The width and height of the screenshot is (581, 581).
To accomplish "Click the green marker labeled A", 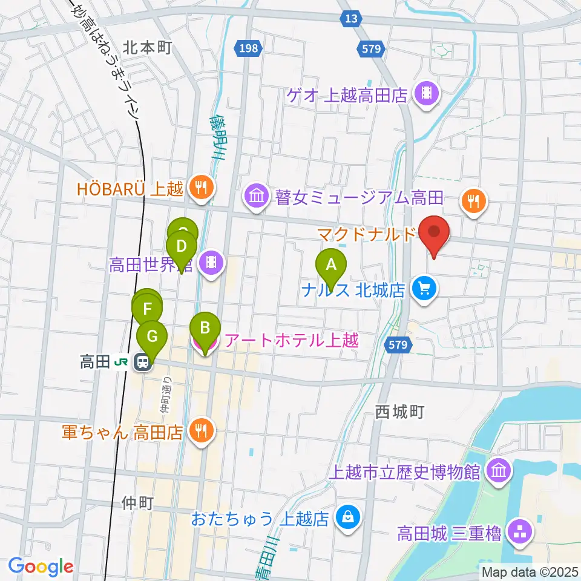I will [x=330, y=264].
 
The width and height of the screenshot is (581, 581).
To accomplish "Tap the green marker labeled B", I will [x=205, y=328].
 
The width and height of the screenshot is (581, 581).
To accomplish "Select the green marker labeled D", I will [x=181, y=247].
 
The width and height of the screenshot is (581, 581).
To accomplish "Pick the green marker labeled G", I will [x=153, y=335].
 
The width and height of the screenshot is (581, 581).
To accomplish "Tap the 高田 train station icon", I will [x=143, y=362].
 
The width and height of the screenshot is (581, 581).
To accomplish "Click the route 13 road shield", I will [x=350, y=19].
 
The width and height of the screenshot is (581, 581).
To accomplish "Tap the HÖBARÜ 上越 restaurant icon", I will [x=200, y=188].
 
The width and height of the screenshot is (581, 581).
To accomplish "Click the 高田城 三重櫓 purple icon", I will [x=520, y=533].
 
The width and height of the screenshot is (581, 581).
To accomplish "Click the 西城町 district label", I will [x=399, y=412].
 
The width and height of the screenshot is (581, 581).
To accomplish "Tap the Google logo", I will [x=41, y=566].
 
